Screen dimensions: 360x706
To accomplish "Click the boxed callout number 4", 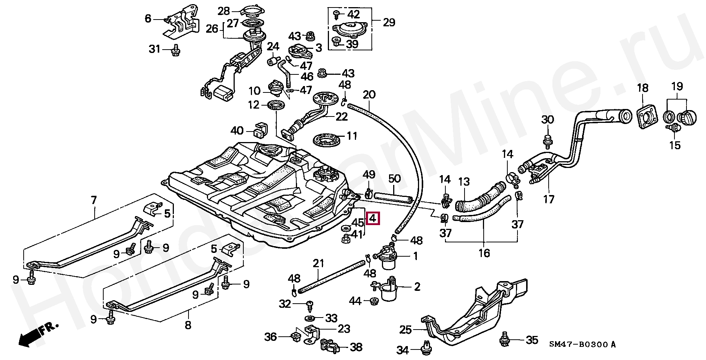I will point(373,218).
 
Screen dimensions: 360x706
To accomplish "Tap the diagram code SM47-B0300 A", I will point(582,344).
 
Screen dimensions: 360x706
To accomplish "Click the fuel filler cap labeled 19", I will point(688,119).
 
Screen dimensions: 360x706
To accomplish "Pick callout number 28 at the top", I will point(224,11).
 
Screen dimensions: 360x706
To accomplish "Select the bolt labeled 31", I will point(175,50).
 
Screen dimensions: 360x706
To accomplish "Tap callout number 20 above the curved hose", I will point(370,95).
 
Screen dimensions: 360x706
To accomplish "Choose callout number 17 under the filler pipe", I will point(549,199).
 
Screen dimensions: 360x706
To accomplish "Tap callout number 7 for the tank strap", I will point(94,200).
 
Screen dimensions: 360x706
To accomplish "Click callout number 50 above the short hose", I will point(394,179).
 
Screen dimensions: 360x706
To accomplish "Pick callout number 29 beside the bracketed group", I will point(389,23).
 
